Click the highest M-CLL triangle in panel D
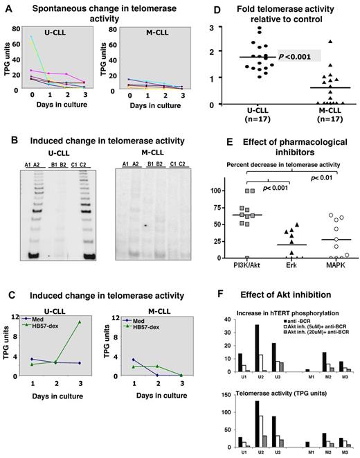tap(312, 42)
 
